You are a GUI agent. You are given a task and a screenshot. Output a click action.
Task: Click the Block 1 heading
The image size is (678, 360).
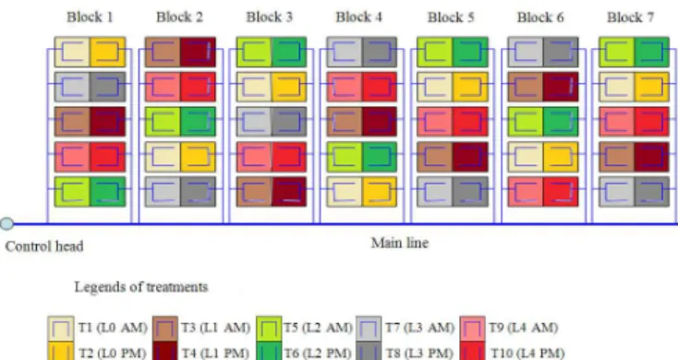[90, 18]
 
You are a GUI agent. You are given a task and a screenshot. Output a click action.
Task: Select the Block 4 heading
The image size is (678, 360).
[359, 18]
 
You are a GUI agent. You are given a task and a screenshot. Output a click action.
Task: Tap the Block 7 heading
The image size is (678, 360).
[630, 18]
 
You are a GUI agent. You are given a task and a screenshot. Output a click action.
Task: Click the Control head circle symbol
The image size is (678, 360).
[6, 223]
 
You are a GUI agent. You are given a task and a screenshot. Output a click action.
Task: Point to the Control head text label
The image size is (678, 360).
[44, 246]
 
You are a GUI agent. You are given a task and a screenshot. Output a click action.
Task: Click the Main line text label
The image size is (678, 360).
[400, 243]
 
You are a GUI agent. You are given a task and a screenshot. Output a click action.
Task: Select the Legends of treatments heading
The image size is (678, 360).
[141, 287]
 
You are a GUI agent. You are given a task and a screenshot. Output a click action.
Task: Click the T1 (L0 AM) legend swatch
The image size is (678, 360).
[61, 329]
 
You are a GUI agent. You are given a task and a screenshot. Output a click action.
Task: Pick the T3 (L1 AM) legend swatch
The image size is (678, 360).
[164, 329]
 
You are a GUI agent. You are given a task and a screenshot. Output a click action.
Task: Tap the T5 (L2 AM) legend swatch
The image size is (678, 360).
[269, 329]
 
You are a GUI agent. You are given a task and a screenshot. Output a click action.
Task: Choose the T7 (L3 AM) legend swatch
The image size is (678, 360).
[369, 329]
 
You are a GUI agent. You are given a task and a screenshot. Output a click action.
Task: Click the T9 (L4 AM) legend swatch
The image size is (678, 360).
[472, 329]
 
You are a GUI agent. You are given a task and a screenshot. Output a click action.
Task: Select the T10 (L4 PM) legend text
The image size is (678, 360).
[527, 354]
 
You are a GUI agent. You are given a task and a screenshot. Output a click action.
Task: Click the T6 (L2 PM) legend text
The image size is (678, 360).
[317, 354]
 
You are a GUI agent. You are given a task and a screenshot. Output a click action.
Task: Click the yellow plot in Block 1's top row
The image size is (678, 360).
[108, 52]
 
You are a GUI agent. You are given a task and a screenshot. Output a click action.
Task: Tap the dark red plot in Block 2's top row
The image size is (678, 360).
[198, 52]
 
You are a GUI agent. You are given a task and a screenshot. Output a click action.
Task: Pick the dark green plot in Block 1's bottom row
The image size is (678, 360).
[108, 191]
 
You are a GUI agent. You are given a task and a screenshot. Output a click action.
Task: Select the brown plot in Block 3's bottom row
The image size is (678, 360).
[254, 191]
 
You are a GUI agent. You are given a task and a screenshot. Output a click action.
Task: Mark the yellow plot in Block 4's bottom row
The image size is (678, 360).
[380, 191]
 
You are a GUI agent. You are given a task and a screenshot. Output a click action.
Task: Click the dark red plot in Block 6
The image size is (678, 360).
[561, 87]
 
